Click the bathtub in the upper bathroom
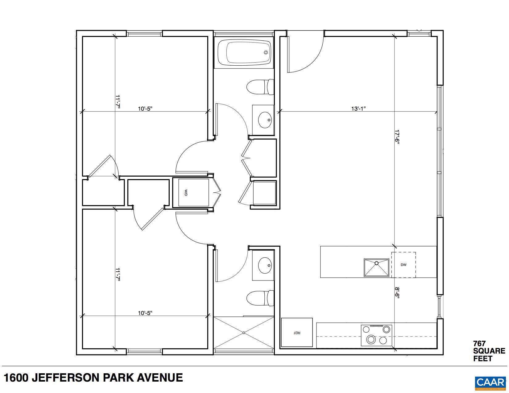click(x=244, y=53)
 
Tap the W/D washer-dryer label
click(x=186, y=193)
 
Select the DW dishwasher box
click(x=403, y=265)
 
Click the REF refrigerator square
click(x=297, y=333)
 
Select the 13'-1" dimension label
click(x=358, y=108)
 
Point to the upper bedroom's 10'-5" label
click(x=145, y=108)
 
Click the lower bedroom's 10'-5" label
click(x=145, y=313)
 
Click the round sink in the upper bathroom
click(x=265, y=120)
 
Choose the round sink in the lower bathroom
click(x=265, y=265)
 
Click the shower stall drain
click(x=244, y=333)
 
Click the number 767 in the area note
click(x=479, y=343)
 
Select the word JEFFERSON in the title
click(x=71, y=378)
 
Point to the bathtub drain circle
click(x=266, y=52)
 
